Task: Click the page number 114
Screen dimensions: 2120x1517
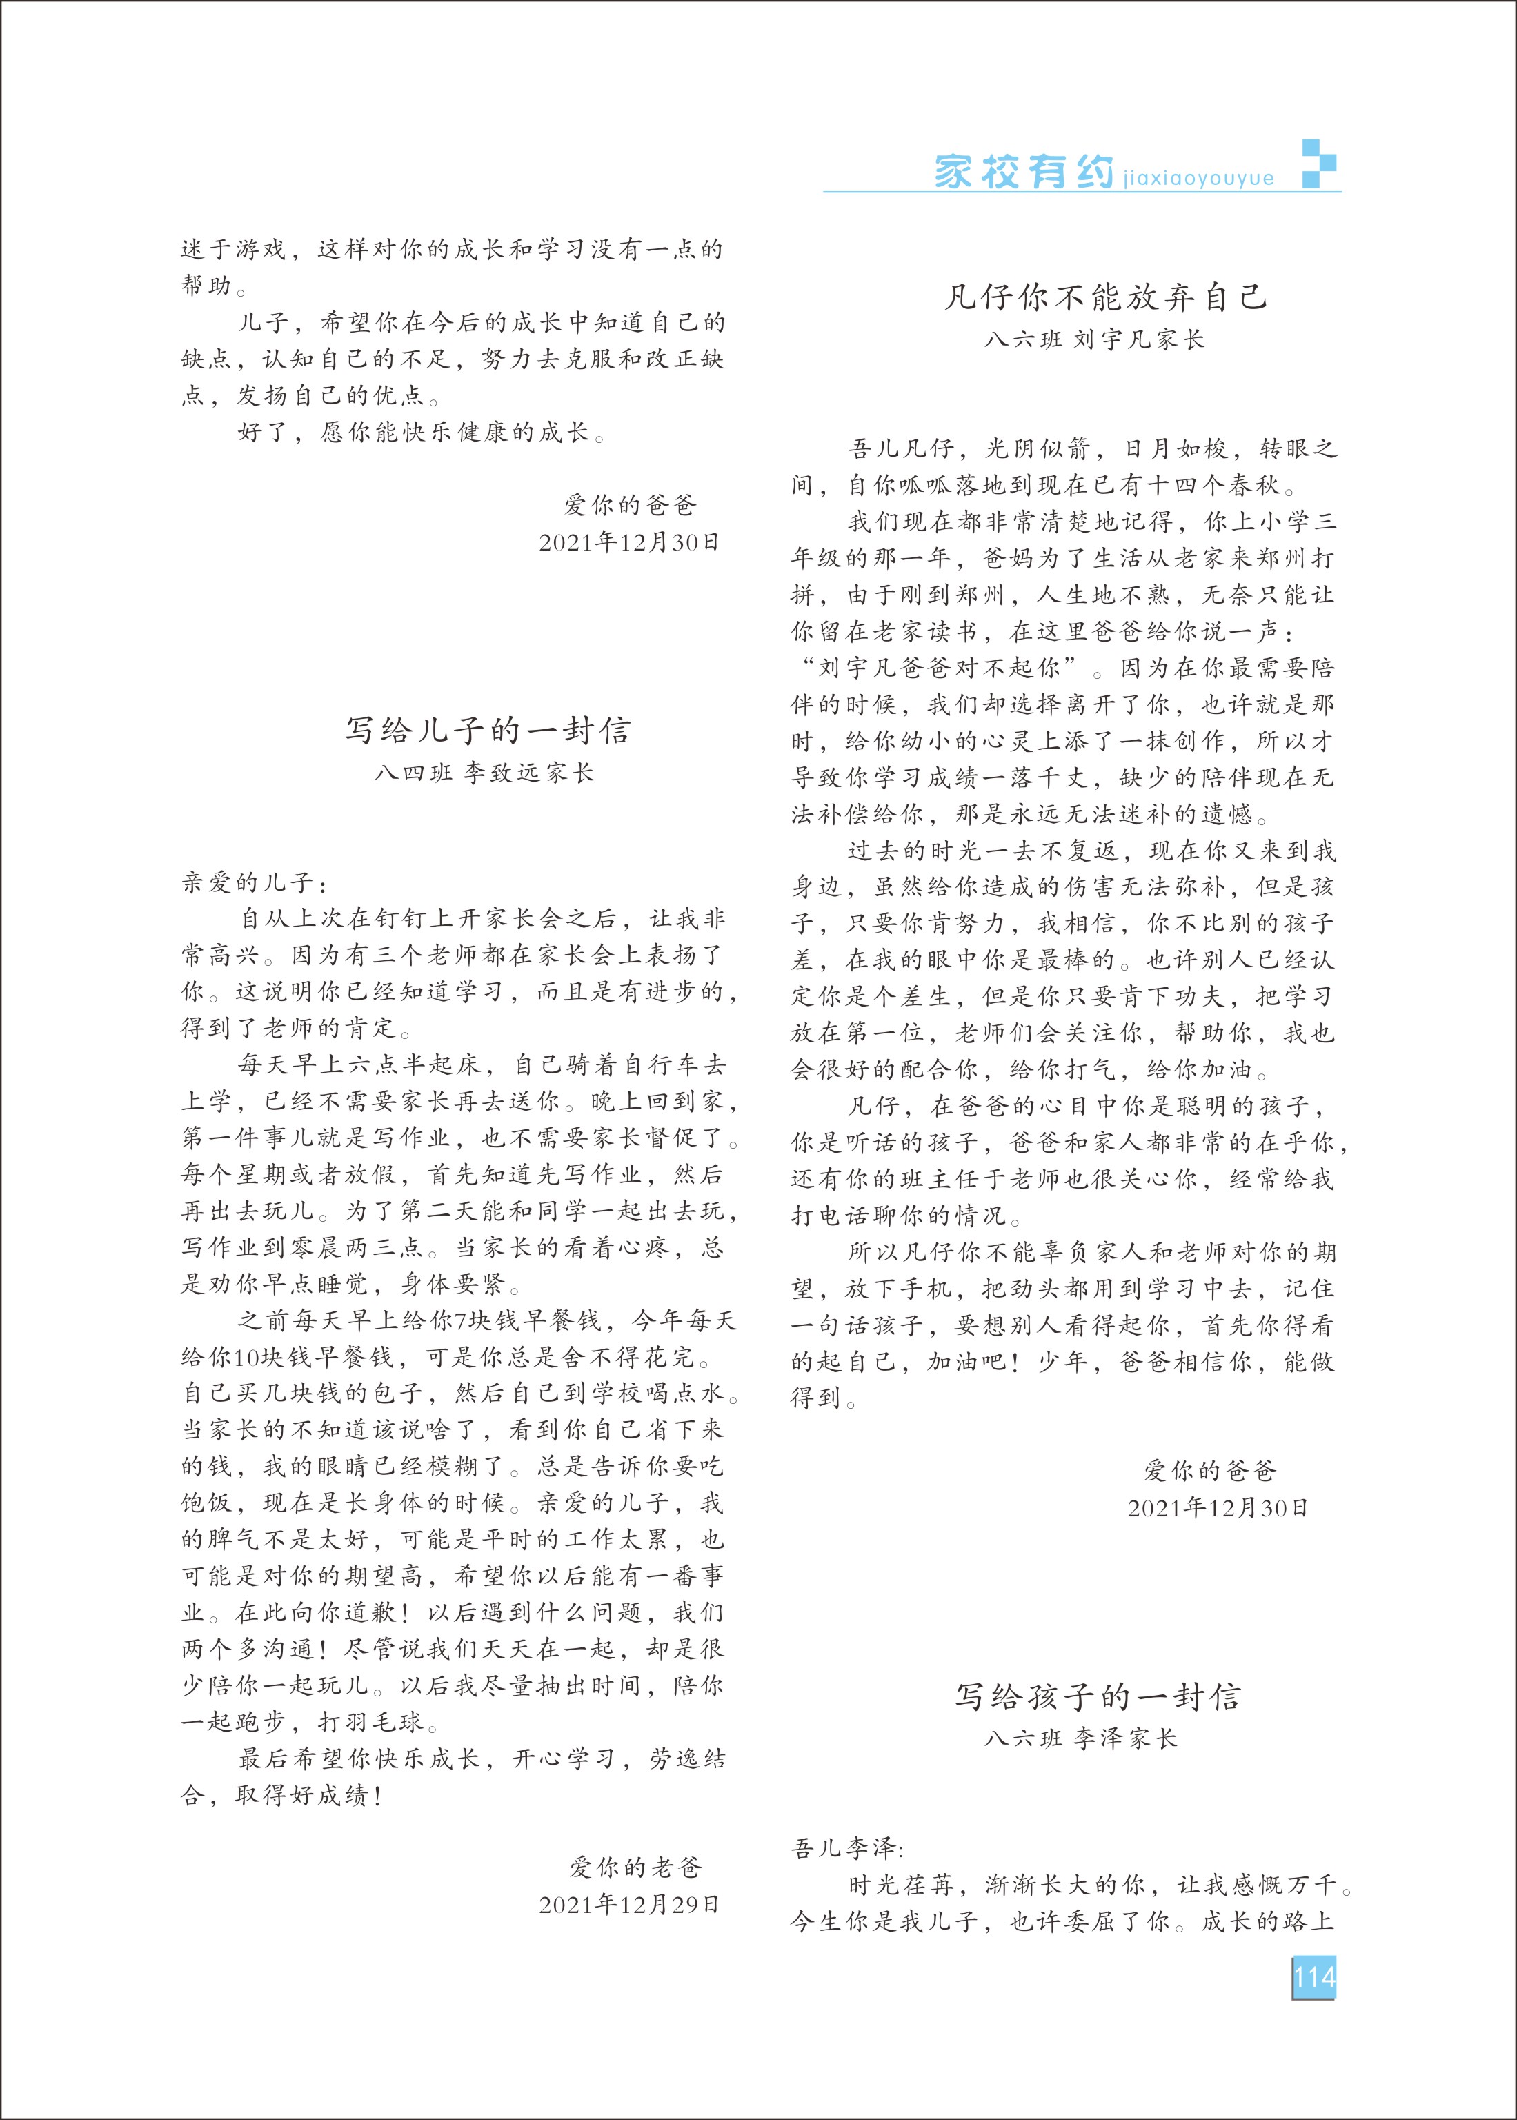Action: [1313, 1977]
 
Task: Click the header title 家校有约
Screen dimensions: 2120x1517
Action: [1024, 172]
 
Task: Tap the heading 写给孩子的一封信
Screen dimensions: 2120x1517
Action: [1098, 1697]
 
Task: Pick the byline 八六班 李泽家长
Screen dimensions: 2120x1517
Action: [1081, 1739]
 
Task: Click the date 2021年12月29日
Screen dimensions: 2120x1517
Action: [628, 1905]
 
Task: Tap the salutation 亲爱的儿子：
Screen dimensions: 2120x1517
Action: [255, 882]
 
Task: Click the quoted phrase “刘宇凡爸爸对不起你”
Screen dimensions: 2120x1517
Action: [941, 668]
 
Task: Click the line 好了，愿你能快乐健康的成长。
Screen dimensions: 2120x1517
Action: [422, 433]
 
